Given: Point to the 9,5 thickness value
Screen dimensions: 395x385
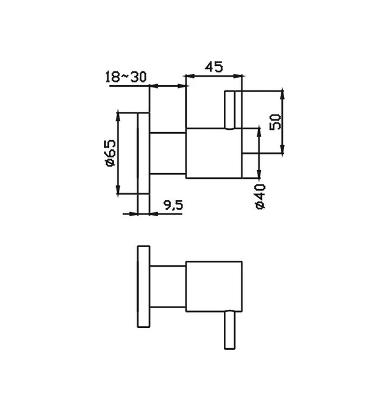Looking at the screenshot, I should point(173,206).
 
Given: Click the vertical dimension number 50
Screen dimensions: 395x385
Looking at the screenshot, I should point(276,121).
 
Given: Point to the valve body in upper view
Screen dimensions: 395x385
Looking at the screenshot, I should point(215,153).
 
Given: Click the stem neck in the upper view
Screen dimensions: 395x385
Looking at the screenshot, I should point(168,152).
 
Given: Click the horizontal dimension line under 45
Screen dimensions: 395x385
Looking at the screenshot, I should point(215,75).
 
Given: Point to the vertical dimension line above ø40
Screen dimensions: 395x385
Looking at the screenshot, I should point(258,152).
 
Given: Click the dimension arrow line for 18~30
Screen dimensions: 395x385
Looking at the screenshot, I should point(168,86).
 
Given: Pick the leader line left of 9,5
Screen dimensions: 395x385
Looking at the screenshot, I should point(131,213).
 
